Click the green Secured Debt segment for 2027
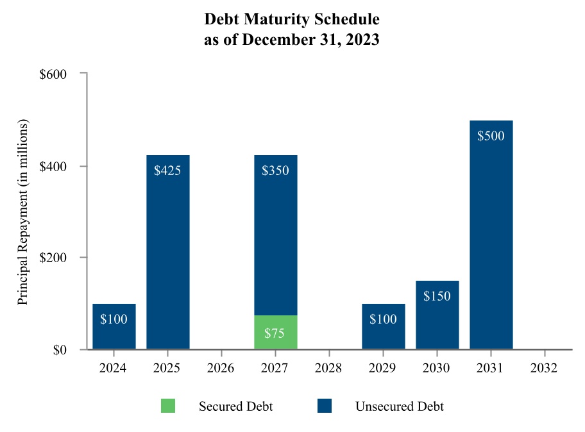pos(275,332)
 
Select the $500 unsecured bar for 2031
pos(491,235)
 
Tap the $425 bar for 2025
pos(167,252)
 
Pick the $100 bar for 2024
pos(114,326)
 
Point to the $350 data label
pos(275,170)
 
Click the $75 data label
pos(275,333)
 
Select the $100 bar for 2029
pos(383,326)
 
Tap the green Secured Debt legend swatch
pos(168,406)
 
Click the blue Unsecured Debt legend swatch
pos(325,406)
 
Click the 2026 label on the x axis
pos(221,369)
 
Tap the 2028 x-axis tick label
pos(329,369)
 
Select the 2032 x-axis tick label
pos(545,369)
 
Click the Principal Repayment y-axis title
pos(23,212)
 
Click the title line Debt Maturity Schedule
pos(292,19)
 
